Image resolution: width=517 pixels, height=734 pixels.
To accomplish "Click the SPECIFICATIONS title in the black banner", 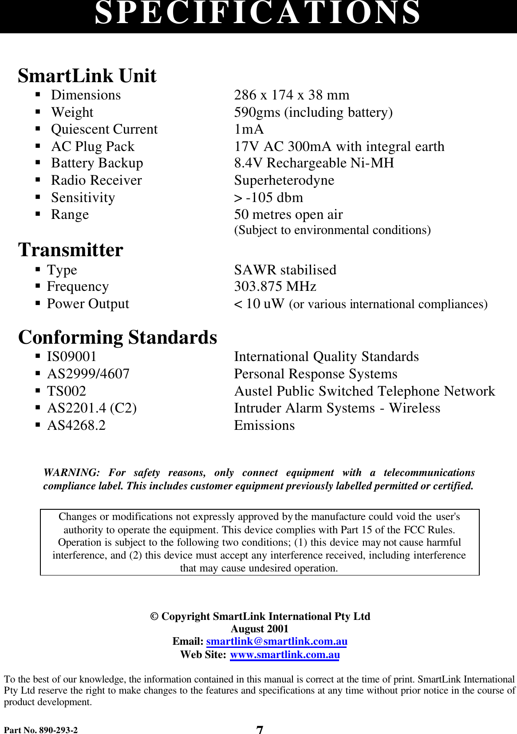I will (258, 13).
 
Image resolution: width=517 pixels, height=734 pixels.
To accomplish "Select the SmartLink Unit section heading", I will (87, 76).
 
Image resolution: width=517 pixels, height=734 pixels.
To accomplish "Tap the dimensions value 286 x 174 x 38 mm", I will (292, 95).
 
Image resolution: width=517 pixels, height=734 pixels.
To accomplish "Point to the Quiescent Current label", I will (104, 129).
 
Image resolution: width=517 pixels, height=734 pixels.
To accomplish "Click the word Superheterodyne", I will (284, 180).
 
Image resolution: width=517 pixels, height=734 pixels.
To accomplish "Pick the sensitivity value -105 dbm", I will (274, 198).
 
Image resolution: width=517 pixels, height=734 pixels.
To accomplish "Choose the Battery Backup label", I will (97, 163).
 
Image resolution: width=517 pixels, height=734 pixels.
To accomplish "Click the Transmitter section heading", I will (71, 250).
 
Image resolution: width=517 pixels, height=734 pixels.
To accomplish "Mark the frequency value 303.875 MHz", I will (275, 286).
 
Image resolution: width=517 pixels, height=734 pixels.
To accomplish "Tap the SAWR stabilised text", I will (285, 270).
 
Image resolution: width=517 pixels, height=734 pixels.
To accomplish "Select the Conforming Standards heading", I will (118, 337).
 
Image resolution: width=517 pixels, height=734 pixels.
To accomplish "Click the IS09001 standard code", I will (71, 357).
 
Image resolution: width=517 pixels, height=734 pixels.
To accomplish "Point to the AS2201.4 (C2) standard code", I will (91, 408).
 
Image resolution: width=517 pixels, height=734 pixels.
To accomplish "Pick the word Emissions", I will (264, 425).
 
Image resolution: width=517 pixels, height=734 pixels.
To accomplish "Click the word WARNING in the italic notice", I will (71, 472).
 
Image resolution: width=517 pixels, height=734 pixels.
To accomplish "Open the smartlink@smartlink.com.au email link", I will (276, 641).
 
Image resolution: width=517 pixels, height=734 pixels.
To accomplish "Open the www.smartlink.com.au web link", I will (284, 655).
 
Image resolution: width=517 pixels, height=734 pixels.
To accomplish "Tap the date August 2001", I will (259, 629).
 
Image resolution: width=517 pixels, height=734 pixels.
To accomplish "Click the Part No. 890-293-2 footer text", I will (41, 730).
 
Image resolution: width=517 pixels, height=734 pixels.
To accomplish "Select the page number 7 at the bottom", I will (260, 730).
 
